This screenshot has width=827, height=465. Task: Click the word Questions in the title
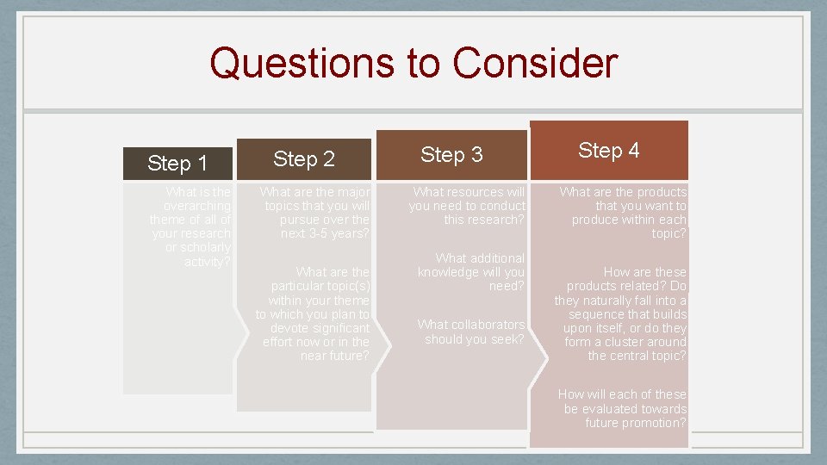(x=278, y=63)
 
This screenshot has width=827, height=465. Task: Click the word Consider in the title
(x=534, y=63)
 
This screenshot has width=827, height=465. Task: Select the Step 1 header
(x=177, y=163)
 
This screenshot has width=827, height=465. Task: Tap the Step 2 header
(x=304, y=158)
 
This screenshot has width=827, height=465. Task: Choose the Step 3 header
(x=451, y=154)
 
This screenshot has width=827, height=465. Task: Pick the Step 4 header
(x=608, y=150)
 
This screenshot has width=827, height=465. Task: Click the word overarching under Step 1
(x=197, y=207)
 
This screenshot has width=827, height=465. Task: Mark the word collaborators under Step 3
(x=471, y=325)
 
